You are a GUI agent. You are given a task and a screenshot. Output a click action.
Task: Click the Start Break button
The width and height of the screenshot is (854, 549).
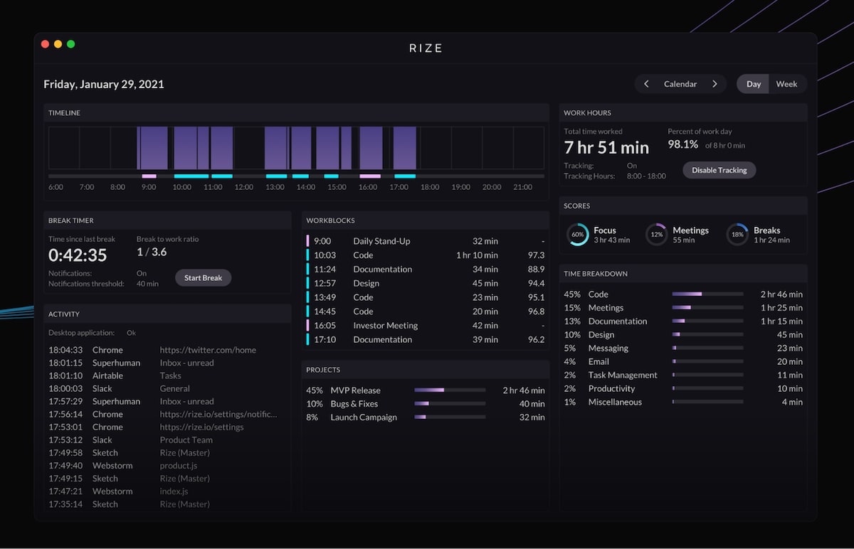pos(203,278)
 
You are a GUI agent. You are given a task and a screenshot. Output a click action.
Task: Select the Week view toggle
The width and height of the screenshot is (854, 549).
pos(786,84)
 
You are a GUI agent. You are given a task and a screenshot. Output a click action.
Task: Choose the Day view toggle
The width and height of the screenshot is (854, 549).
pos(753,84)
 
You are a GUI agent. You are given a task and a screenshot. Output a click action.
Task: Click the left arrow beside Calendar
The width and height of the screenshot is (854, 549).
pos(646,84)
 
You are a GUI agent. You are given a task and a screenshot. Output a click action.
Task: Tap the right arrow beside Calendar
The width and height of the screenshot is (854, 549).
pos(715,84)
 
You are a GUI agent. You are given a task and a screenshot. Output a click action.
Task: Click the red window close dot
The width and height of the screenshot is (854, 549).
pos(45,44)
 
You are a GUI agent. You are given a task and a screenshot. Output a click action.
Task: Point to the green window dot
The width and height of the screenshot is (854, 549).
pos(70,44)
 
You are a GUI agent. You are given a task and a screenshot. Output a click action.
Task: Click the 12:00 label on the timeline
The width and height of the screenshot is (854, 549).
pos(244,187)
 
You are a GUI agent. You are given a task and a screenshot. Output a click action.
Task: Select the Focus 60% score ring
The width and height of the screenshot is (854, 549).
pos(578,235)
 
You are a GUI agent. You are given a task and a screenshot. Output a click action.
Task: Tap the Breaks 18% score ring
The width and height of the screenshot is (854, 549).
pos(737,235)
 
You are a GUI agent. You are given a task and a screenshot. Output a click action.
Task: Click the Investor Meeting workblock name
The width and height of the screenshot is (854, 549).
pos(385,326)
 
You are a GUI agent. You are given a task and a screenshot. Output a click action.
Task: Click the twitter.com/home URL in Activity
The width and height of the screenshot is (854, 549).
pos(208,350)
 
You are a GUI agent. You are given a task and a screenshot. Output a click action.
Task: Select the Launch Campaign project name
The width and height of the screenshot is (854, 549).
pos(364,417)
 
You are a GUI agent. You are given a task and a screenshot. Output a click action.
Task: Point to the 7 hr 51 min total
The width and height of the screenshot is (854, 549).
pos(606,148)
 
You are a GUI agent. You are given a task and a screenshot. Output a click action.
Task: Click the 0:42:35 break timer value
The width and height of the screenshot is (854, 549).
pos(78,255)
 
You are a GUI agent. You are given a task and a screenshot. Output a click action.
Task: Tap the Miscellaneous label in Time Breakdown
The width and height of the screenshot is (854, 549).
pos(615,403)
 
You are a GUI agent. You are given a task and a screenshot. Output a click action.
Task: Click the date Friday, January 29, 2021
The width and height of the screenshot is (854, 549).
pos(104,84)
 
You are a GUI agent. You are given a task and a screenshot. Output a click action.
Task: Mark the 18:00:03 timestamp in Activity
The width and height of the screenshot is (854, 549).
pos(65,389)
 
